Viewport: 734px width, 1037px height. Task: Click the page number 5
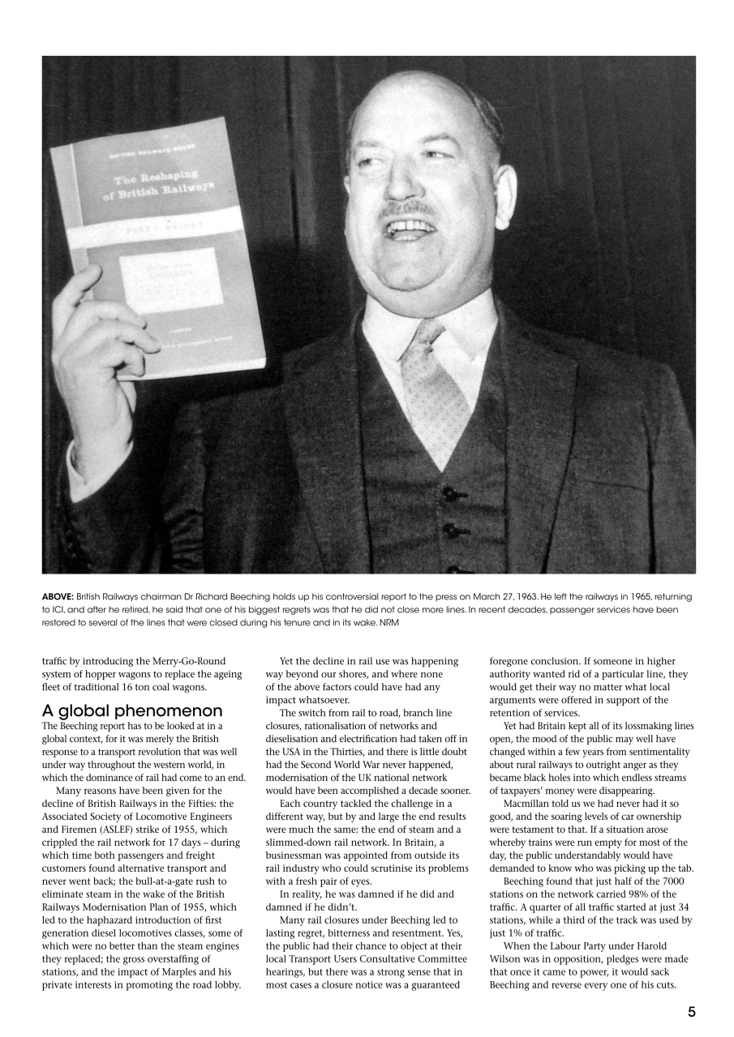click(x=691, y=1011)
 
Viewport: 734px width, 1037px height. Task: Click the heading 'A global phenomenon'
click(x=131, y=711)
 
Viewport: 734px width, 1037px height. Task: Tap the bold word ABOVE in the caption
click(x=58, y=596)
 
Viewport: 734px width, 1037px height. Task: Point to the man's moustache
click(x=410, y=209)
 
